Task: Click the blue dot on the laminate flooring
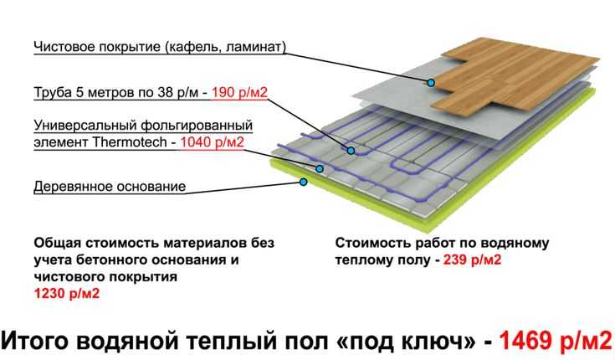point(431,83)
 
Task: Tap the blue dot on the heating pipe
point(351,151)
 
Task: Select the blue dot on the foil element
point(320,169)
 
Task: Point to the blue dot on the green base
point(303,182)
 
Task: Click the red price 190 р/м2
point(239,93)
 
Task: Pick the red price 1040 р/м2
point(213,141)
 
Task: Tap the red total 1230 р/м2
point(67,293)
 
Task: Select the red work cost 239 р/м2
point(472,260)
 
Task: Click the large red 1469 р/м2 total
point(556,340)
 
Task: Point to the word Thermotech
point(130,141)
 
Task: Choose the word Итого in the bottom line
point(36,340)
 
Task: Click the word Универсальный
point(85,126)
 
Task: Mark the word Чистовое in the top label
point(64,47)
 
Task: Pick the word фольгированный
point(197,126)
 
